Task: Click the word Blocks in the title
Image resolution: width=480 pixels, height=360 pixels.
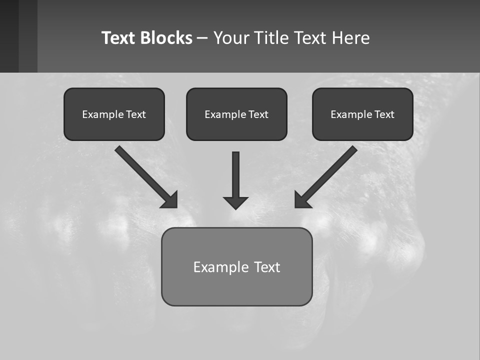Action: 166,38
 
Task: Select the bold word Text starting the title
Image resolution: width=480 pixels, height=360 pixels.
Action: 118,38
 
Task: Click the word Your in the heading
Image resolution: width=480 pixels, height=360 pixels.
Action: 231,38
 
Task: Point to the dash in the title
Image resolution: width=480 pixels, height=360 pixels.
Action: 202,38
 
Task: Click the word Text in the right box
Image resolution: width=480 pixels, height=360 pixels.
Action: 384,114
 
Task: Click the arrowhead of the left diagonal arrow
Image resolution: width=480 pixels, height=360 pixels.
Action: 170,200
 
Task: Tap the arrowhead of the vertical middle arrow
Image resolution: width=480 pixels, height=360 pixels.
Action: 235,202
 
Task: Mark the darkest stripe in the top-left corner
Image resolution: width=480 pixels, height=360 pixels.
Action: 9,36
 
